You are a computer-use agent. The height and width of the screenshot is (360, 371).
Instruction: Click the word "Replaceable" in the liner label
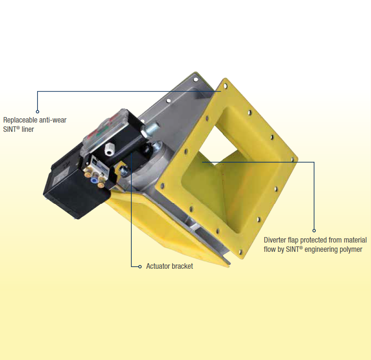19,120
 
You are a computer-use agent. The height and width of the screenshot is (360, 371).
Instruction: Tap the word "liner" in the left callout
26,129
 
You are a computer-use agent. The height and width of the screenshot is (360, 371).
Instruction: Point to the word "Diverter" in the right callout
276,240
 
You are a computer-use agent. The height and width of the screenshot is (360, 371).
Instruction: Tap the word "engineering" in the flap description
318,249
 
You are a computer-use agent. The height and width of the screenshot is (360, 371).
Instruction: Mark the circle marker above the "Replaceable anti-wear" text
37,112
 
